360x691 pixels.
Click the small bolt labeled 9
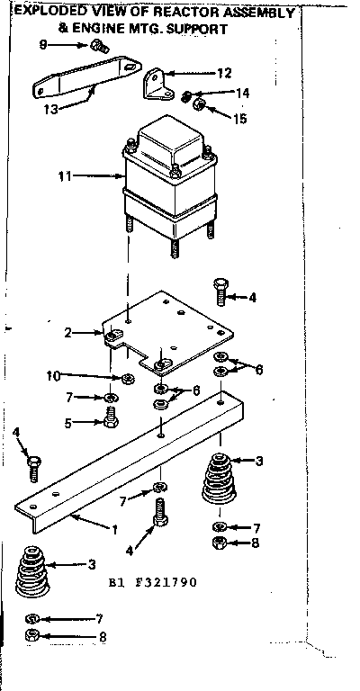click(98, 47)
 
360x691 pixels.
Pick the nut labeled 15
click(201, 109)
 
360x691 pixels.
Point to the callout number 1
click(114, 529)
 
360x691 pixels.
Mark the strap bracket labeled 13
click(85, 77)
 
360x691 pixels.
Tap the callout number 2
click(67, 332)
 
